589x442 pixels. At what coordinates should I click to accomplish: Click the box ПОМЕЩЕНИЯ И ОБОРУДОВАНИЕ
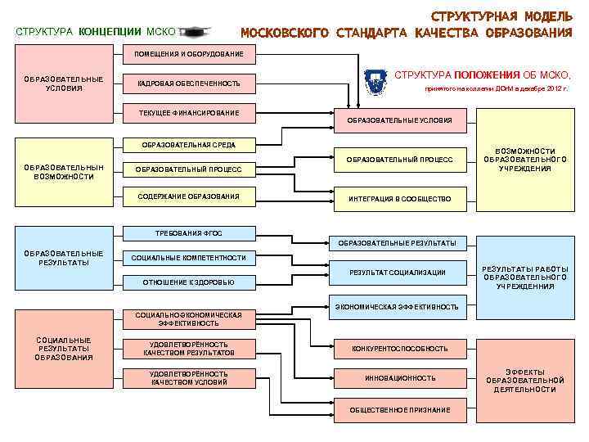[x=183, y=54]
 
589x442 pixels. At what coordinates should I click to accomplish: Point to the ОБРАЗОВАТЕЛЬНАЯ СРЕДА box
[x=188, y=145]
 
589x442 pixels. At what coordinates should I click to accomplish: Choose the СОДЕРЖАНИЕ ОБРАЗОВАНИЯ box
[x=189, y=196]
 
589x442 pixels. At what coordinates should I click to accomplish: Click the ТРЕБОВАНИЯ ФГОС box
[x=189, y=232]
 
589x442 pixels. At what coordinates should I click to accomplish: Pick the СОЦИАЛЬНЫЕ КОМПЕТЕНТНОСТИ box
[x=189, y=258]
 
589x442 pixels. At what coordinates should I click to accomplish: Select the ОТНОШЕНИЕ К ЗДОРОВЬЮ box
[x=189, y=282]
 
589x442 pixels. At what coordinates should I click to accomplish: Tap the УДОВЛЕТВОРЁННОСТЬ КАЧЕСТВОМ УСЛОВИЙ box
[x=189, y=377]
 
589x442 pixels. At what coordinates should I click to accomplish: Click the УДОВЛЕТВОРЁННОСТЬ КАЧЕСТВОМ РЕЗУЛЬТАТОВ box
[x=189, y=349]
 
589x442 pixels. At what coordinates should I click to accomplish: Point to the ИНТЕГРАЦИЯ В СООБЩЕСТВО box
[x=399, y=199]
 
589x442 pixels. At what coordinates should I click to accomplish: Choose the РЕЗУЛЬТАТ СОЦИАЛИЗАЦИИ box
[x=398, y=272]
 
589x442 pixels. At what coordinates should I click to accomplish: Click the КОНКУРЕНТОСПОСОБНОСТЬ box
[x=399, y=349]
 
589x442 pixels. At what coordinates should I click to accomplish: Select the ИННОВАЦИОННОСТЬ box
[x=399, y=378]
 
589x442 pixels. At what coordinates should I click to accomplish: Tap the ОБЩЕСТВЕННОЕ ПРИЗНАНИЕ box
[x=399, y=408]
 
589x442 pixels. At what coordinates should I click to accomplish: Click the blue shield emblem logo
[x=375, y=79]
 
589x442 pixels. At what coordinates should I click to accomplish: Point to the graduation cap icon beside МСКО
[x=194, y=32]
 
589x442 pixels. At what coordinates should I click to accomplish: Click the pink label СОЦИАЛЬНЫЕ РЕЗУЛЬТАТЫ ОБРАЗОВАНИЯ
[x=64, y=349]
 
